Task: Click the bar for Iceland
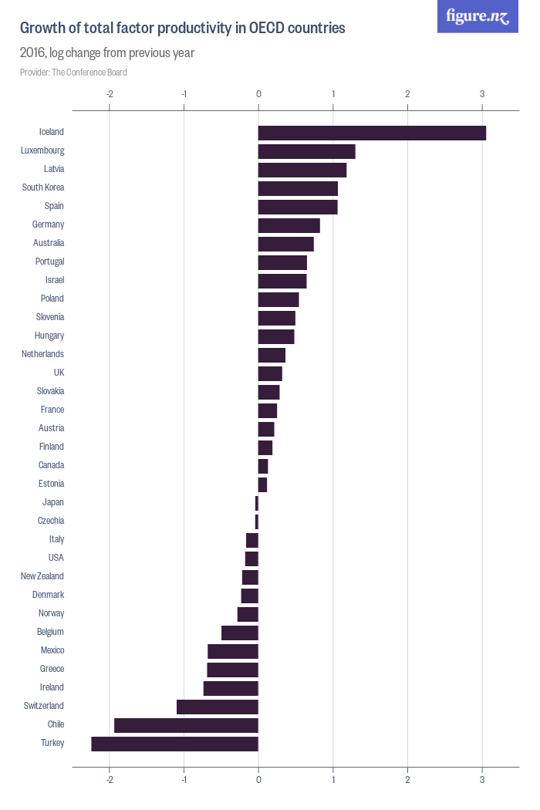tap(372, 133)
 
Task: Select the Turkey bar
tap(175, 744)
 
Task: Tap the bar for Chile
tap(186, 725)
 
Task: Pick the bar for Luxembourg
tap(306, 151)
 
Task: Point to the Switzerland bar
tap(218, 707)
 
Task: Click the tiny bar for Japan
tap(257, 503)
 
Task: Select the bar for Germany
tap(289, 225)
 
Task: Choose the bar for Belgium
tap(240, 633)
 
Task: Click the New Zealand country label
tap(42, 576)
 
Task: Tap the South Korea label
tap(43, 187)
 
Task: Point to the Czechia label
tap(51, 521)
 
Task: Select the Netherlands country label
tap(43, 354)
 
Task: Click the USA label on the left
tap(56, 558)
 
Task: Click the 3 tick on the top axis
tap(482, 94)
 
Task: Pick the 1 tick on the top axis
tap(333, 94)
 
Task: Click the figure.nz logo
tap(478, 17)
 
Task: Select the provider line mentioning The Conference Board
tap(73, 73)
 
